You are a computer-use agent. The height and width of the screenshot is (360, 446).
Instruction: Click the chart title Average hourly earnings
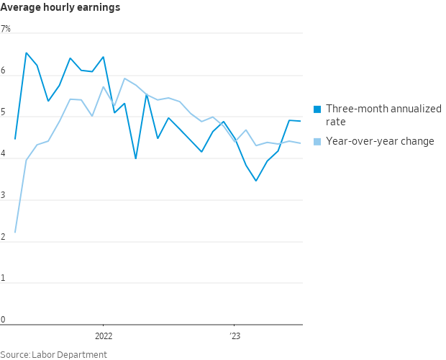click(60, 8)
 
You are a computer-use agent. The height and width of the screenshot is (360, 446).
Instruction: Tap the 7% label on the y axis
click(6, 29)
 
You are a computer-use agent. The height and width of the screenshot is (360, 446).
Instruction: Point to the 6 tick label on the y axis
click(3, 71)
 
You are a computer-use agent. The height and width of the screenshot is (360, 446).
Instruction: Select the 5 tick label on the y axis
click(3, 113)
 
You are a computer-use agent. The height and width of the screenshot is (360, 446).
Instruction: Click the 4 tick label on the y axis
click(3, 154)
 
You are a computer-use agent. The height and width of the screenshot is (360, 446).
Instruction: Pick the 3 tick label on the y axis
click(3, 196)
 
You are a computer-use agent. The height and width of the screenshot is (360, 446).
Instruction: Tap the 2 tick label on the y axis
click(3, 238)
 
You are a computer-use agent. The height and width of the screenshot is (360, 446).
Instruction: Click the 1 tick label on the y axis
click(3, 279)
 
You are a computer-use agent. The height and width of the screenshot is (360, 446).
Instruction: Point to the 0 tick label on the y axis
click(3, 320)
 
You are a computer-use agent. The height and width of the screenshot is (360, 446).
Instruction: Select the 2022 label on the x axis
click(104, 336)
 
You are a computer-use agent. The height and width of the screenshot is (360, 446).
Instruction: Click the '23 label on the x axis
click(235, 336)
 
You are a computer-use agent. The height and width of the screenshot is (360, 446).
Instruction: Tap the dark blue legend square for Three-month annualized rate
click(317, 109)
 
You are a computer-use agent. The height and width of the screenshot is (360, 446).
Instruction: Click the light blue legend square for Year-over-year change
click(317, 141)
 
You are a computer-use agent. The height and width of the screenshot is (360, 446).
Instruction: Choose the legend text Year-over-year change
click(380, 141)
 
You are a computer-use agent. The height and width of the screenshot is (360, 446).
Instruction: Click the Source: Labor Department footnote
click(53, 354)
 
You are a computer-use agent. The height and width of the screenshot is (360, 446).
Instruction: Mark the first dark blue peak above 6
click(27, 53)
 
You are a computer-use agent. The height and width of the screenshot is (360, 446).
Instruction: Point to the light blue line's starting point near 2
click(15, 233)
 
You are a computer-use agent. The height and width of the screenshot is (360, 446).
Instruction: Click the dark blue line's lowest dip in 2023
click(256, 181)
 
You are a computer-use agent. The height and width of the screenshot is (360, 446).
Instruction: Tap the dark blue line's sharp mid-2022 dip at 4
click(136, 158)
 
